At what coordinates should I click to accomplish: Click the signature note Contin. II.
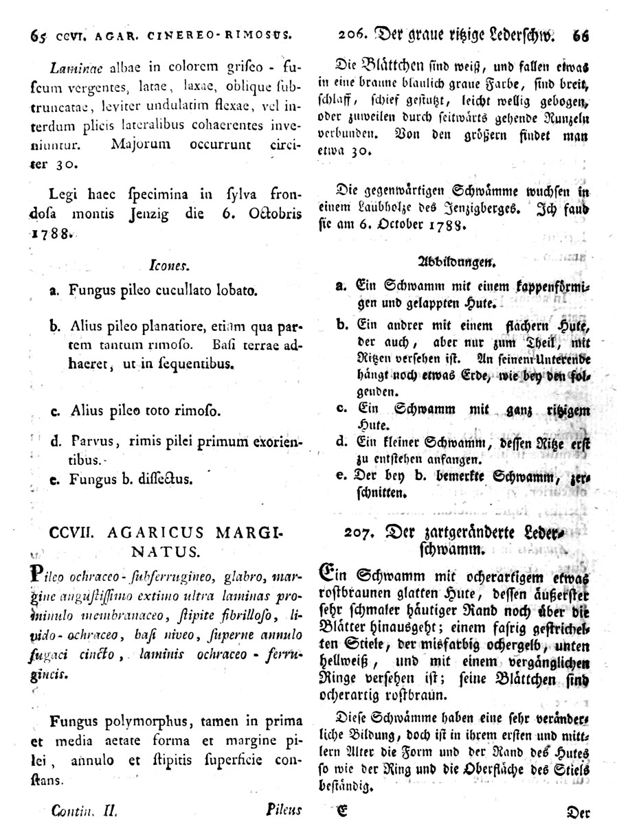(82, 810)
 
